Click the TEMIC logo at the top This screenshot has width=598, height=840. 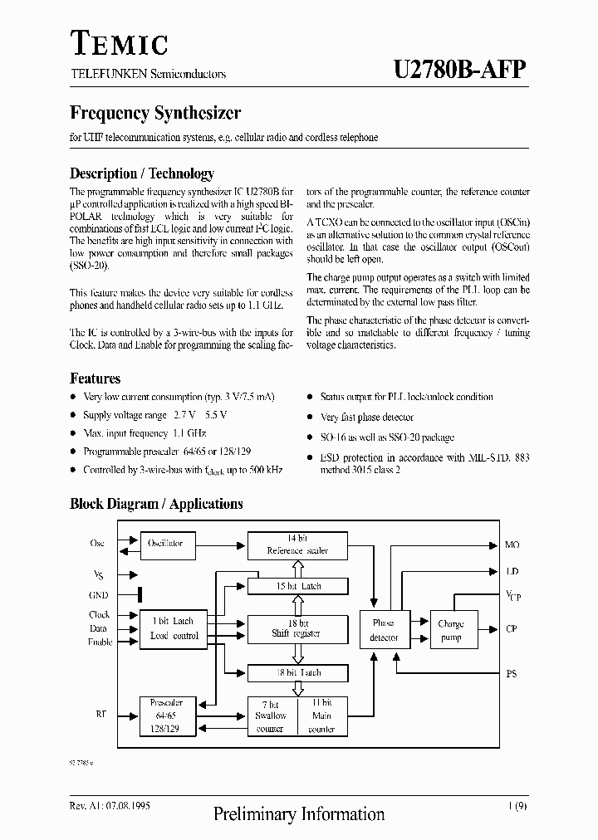[x=118, y=43]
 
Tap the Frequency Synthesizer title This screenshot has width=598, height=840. [x=155, y=113]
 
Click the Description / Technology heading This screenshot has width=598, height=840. [x=141, y=173]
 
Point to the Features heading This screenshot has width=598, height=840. [x=95, y=378]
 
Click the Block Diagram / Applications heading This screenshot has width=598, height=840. [x=156, y=504]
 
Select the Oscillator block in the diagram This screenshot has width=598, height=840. [x=165, y=544]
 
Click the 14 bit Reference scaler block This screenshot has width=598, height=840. [x=297, y=545]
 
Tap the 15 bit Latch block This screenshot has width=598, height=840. [x=297, y=586]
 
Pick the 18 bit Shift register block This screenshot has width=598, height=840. [x=297, y=628]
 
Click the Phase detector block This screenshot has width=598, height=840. [x=383, y=630]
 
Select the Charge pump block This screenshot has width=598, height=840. [x=451, y=630]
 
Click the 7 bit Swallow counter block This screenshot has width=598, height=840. [x=271, y=715]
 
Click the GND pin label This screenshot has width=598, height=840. [x=98, y=595]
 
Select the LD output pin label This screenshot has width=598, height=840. [x=512, y=572]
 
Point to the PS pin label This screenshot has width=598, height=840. [x=511, y=674]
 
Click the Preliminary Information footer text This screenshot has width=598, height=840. [x=299, y=814]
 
